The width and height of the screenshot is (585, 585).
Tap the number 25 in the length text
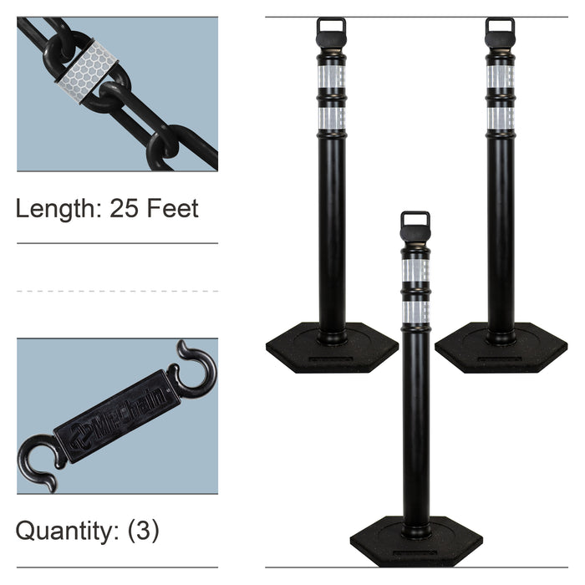tap(124, 208)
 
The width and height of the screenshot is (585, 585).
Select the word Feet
tap(172, 208)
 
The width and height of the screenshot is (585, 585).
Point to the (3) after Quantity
tap(143, 531)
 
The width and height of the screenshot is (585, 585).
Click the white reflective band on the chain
tap(88, 72)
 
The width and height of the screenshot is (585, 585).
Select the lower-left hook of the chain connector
tap(35, 463)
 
